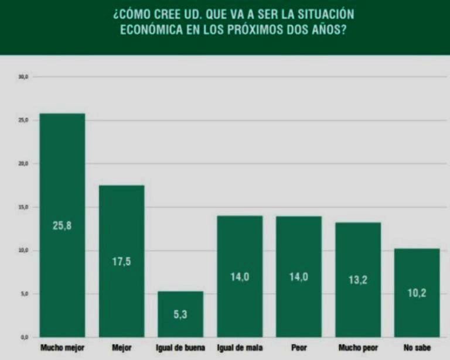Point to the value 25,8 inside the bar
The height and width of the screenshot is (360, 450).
tap(62, 225)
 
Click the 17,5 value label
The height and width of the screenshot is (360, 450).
tap(121, 262)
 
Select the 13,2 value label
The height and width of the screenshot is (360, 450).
tap(358, 280)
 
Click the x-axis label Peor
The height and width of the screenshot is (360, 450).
tap(299, 348)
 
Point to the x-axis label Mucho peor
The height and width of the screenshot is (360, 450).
tap(358, 348)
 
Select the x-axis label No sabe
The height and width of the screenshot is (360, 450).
tap(417, 348)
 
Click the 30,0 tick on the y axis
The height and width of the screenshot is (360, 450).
tap(23, 77)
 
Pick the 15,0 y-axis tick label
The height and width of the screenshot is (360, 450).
tap(23, 207)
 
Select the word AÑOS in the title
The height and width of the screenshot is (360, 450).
tap(326, 29)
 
